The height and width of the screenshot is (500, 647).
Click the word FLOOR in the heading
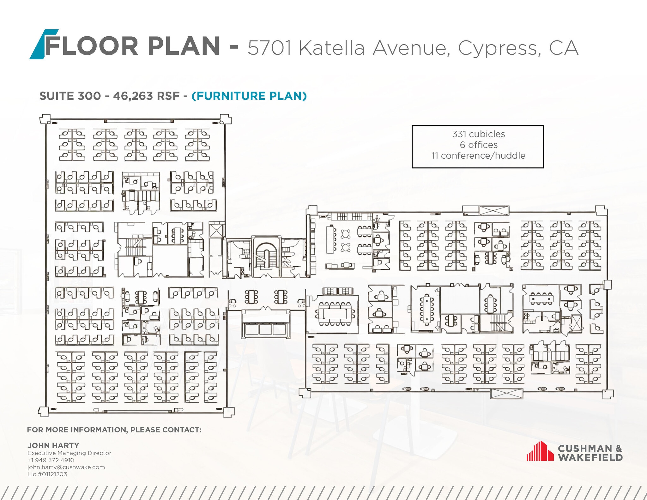click(x=92, y=46)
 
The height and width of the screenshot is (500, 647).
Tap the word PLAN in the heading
click(x=184, y=46)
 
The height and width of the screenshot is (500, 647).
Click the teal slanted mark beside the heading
click(x=40, y=44)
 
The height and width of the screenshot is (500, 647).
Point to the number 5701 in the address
click(x=269, y=48)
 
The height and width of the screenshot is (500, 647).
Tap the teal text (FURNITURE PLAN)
click(x=249, y=96)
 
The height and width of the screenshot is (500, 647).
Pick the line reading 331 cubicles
click(x=478, y=134)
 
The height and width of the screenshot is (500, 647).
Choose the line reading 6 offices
click(x=478, y=145)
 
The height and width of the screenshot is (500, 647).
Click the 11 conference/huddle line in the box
click(x=478, y=156)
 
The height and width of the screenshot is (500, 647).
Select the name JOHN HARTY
click(x=53, y=445)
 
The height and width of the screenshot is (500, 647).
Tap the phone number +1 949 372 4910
click(x=51, y=460)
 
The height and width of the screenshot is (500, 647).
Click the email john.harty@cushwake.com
click(x=66, y=467)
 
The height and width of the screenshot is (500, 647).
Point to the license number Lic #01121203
click(x=47, y=474)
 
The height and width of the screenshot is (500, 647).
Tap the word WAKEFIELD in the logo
click(x=590, y=457)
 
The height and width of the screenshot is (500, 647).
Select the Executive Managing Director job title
click(x=69, y=453)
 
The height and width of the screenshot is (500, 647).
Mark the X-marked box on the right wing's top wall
click(x=494, y=210)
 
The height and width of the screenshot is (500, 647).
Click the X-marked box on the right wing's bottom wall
click(x=506, y=394)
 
